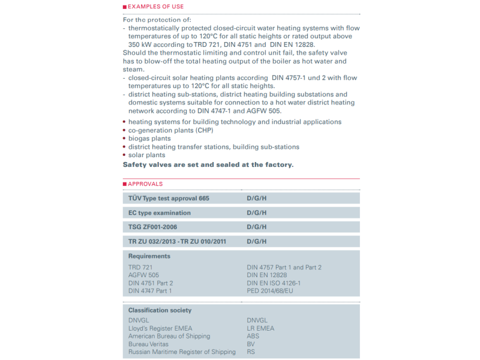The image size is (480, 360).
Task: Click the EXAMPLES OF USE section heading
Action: click(155, 7)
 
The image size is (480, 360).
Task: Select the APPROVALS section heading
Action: click(145, 184)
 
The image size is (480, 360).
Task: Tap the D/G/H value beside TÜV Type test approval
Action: click(256, 198)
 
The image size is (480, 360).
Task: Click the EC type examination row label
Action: click(159, 212)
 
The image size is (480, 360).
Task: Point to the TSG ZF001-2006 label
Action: click(152, 227)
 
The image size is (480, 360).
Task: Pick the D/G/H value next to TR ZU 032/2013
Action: click(256, 241)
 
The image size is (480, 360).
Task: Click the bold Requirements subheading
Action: click(149, 256)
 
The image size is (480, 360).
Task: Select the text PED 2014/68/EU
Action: click(271, 290)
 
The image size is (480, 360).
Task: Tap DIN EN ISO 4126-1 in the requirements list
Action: click(274, 283)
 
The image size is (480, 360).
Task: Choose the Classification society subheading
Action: click(160, 310)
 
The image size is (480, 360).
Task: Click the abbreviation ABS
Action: click(253, 336)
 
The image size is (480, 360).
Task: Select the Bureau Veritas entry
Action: click(148, 344)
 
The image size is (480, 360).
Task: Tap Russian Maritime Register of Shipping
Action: click(182, 352)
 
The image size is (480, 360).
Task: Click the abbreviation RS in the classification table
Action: click(251, 352)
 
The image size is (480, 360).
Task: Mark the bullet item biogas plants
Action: click(149, 139)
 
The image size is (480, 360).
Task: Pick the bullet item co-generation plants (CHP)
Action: click(170, 130)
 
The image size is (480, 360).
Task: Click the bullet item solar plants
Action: click(146, 155)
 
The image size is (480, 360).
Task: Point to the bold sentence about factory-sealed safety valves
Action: click(208, 164)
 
